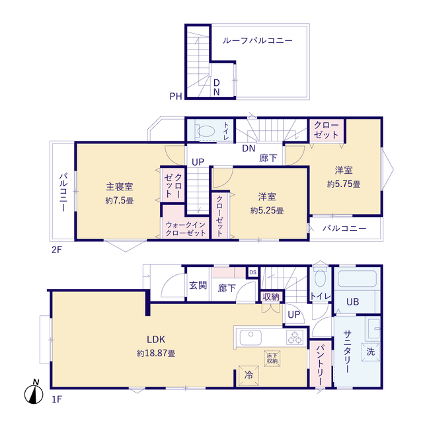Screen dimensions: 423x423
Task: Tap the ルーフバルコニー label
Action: click(257, 41)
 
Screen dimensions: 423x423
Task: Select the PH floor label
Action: click(176, 96)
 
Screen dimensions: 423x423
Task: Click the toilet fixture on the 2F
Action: click(205, 132)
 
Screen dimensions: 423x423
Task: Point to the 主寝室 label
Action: click(119, 186)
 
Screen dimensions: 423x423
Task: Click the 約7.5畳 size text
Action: click(119, 200)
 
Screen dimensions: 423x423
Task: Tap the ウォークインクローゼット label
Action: click(186, 229)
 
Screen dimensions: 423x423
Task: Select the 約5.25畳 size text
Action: click(267, 210)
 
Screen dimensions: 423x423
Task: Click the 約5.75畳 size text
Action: click(344, 184)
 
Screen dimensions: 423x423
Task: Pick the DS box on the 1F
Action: click(252, 272)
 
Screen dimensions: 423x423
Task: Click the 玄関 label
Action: click(198, 285)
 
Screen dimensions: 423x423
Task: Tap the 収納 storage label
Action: click(271, 297)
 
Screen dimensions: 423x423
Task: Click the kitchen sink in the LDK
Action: click(250, 337)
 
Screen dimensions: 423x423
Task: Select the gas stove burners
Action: click(295, 337)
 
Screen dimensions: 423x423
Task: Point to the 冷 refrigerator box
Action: click(249, 375)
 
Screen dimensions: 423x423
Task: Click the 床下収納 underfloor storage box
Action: click(272, 358)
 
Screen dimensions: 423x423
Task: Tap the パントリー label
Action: click(320, 364)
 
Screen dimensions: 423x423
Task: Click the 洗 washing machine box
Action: click(371, 352)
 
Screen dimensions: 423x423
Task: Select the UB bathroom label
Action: click(352, 302)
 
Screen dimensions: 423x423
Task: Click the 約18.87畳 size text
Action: click(156, 353)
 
